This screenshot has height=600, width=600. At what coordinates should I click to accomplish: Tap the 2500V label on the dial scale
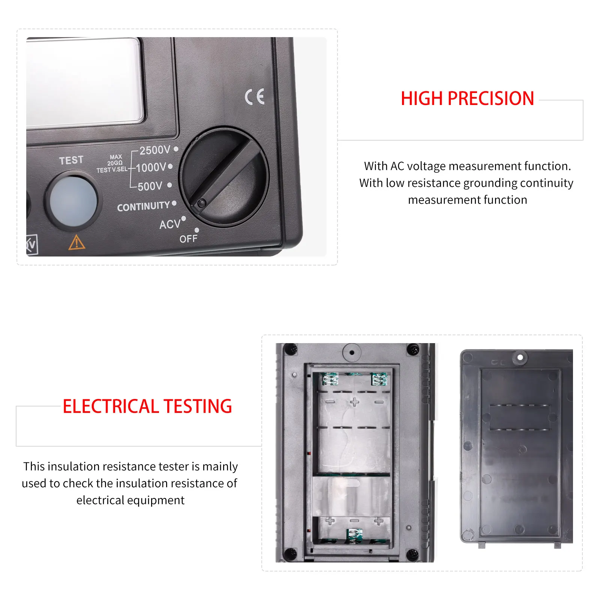(x=155, y=150)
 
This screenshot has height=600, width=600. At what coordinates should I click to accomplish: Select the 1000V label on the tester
(x=151, y=168)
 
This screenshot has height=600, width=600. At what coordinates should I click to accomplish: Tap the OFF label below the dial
(x=188, y=239)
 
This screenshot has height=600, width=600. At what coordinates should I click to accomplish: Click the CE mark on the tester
(x=255, y=97)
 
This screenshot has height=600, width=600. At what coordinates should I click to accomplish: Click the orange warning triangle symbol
(x=76, y=242)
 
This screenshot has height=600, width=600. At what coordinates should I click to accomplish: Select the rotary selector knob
(x=224, y=177)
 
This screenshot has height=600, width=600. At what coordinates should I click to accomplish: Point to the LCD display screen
(x=85, y=83)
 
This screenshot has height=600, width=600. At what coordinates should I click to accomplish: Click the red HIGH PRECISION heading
(x=467, y=99)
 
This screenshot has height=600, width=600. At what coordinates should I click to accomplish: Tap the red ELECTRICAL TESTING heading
(x=147, y=406)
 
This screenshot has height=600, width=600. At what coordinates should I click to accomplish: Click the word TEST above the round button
(x=71, y=160)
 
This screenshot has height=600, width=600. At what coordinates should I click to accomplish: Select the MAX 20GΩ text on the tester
(x=115, y=160)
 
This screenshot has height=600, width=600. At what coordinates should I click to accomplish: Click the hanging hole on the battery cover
(x=520, y=357)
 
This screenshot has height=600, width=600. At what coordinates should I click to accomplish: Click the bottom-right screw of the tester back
(x=412, y=553)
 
